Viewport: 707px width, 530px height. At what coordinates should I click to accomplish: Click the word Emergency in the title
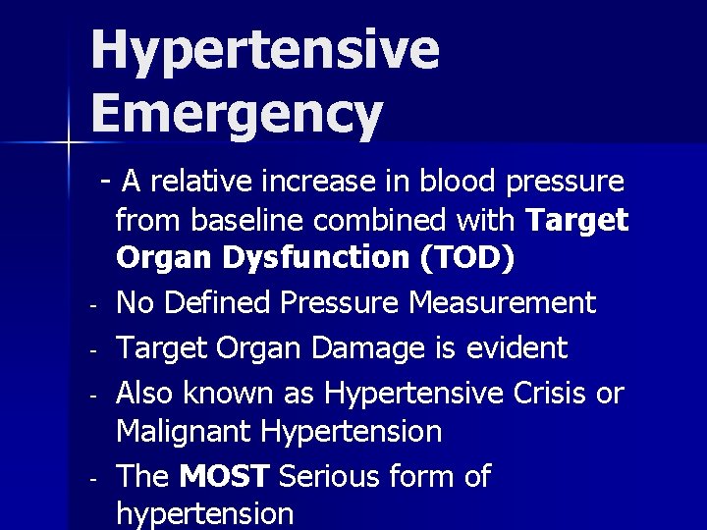click(x=236, y=114)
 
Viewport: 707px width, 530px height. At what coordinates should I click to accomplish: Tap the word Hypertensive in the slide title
click(x=265, y=49)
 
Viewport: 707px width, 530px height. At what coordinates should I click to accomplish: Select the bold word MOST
click(x=225, y=477)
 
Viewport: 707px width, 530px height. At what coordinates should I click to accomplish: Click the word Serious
click(x=334, y=477)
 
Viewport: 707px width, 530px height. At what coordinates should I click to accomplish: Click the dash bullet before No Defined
click(x=89, y=306)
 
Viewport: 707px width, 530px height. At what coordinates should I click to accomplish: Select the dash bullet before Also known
click(x=89, y=396)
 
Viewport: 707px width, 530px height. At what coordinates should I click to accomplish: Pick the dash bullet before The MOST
click(x=89, y=480)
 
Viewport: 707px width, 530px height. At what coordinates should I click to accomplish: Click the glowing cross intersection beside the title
click(x=68, y=143)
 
